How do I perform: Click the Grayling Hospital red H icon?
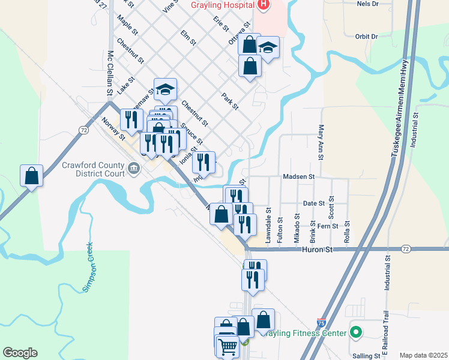(x=263, y=5)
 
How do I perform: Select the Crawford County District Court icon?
(x=134, y=170)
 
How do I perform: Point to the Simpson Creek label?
(x=88, y=266)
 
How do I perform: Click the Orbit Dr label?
(x=366, y=37)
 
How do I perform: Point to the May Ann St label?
(x=321, y=143)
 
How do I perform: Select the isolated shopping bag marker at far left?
(x=31, y=176)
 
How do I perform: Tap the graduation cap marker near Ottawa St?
(x=268, y=48)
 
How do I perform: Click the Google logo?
(x=20, y=353)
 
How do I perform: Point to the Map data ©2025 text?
(x=423, y=355)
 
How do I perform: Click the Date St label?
(x=313, y=204)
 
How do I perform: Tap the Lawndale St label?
(x=269, y=225)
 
